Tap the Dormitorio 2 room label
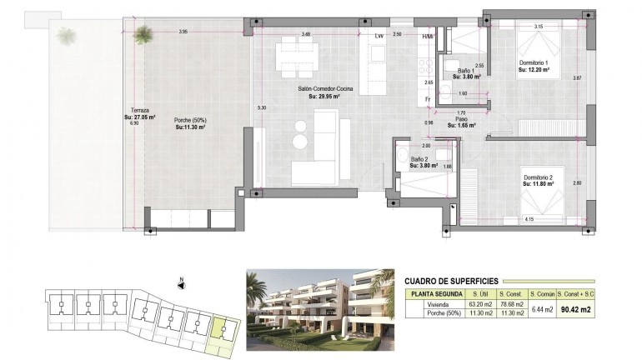544,177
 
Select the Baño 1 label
465,72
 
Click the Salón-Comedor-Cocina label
326,87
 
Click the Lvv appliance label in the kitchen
379,36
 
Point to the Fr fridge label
427,100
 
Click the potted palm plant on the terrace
144,35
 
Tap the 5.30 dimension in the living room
262,107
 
